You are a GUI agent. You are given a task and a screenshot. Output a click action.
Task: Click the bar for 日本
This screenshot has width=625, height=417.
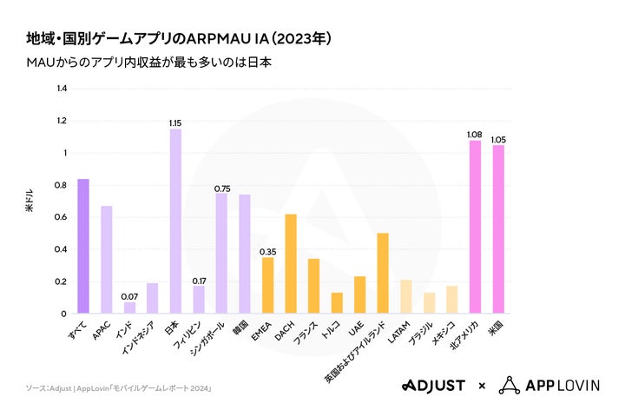175,222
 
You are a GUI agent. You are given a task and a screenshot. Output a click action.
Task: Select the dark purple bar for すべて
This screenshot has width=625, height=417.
83,246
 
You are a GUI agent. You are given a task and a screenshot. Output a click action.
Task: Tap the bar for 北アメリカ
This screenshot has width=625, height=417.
475,227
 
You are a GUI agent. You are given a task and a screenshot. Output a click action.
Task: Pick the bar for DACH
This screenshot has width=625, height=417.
291,263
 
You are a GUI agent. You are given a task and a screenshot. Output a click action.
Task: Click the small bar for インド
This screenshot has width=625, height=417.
129,308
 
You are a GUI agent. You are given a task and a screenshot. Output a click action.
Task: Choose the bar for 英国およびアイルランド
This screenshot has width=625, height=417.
383,273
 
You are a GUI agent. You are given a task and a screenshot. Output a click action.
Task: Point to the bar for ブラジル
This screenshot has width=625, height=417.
429,303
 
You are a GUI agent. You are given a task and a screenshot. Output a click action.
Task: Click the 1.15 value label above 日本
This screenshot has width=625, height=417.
175,122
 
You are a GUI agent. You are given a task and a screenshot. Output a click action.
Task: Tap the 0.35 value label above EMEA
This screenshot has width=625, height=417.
267,251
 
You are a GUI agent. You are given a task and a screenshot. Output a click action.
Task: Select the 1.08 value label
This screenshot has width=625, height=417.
475,134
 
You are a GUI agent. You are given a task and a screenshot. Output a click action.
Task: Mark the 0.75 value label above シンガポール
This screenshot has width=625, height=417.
222,188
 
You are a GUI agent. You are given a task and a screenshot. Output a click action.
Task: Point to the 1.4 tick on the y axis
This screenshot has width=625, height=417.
61,89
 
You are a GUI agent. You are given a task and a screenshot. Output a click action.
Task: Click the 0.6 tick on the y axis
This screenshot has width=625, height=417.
61,217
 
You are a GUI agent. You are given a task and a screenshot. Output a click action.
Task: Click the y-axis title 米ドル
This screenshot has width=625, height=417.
30,202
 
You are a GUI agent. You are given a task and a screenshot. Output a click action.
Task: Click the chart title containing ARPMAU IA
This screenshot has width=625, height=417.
178,39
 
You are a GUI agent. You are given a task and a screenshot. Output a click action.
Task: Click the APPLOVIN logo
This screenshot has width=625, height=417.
550,385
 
